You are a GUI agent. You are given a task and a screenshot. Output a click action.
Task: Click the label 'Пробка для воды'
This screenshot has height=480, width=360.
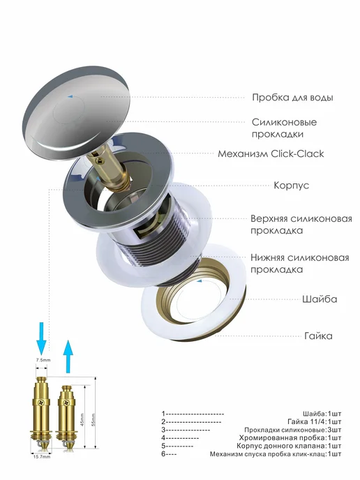click(x=292, y=98)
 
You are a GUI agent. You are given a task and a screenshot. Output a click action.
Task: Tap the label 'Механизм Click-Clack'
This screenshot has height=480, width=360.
click(x=271, y=153)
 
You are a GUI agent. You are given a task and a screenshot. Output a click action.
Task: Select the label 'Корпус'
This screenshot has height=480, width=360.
click(x=291, y=186)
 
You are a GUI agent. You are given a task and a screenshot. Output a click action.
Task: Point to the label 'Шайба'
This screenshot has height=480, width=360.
click(x=320, y=299)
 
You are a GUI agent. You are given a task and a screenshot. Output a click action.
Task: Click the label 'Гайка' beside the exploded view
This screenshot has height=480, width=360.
click(x=318, y=336)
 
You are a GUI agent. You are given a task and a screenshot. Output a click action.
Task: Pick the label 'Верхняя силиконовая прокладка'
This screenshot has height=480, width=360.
click(x=301, y=225)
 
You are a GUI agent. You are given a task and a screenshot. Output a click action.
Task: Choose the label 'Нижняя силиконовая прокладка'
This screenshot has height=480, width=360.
click(x=300, y=263)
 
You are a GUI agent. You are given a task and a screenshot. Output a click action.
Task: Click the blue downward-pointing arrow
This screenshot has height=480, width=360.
click(x=41, y=338)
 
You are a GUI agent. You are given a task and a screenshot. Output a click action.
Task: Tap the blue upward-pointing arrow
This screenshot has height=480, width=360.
click(x=68, y=357)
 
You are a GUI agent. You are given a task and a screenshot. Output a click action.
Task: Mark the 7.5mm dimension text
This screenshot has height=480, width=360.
click(x=43, y=360)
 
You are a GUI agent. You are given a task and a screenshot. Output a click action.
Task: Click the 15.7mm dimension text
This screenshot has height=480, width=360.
click(x=42, y=457)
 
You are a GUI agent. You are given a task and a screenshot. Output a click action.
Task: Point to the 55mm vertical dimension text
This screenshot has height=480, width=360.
click(x=93, y=420)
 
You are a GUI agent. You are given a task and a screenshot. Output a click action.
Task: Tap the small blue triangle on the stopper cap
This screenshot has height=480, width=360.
click(x=70, y=96)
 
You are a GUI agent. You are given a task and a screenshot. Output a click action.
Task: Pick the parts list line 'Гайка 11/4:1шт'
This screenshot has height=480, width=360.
click(x=315, y=422)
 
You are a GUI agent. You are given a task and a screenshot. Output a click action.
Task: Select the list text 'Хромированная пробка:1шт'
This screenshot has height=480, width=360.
click(x=290, y=437)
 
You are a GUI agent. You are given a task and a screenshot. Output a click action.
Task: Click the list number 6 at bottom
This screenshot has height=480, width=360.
click(x=163, y=454)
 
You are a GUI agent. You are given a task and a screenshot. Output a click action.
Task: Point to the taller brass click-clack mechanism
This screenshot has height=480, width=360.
click(x=42, y=414)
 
